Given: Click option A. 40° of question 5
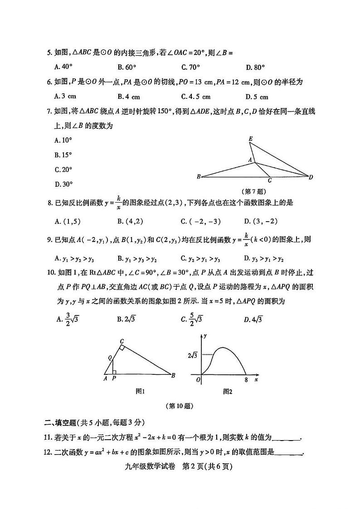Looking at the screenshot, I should pos(63,67).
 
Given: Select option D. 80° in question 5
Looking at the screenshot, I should pos(255,68).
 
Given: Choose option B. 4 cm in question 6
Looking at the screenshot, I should pos(129,97).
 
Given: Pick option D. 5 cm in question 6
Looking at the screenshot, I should pos(257,97).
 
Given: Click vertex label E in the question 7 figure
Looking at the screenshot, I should pos(251,139).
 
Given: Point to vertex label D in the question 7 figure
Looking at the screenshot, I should pos(311,177).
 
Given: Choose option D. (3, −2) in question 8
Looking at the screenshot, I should pos(261,221).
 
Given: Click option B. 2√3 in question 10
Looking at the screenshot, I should pos(126,319).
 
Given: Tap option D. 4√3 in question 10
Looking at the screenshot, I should pos(253,320).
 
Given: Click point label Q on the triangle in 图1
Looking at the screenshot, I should pos(109,358).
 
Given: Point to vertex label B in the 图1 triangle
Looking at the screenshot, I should pos(173,375).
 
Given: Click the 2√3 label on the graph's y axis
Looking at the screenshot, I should pos(191,355).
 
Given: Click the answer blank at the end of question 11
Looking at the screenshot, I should pos(287,438).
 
